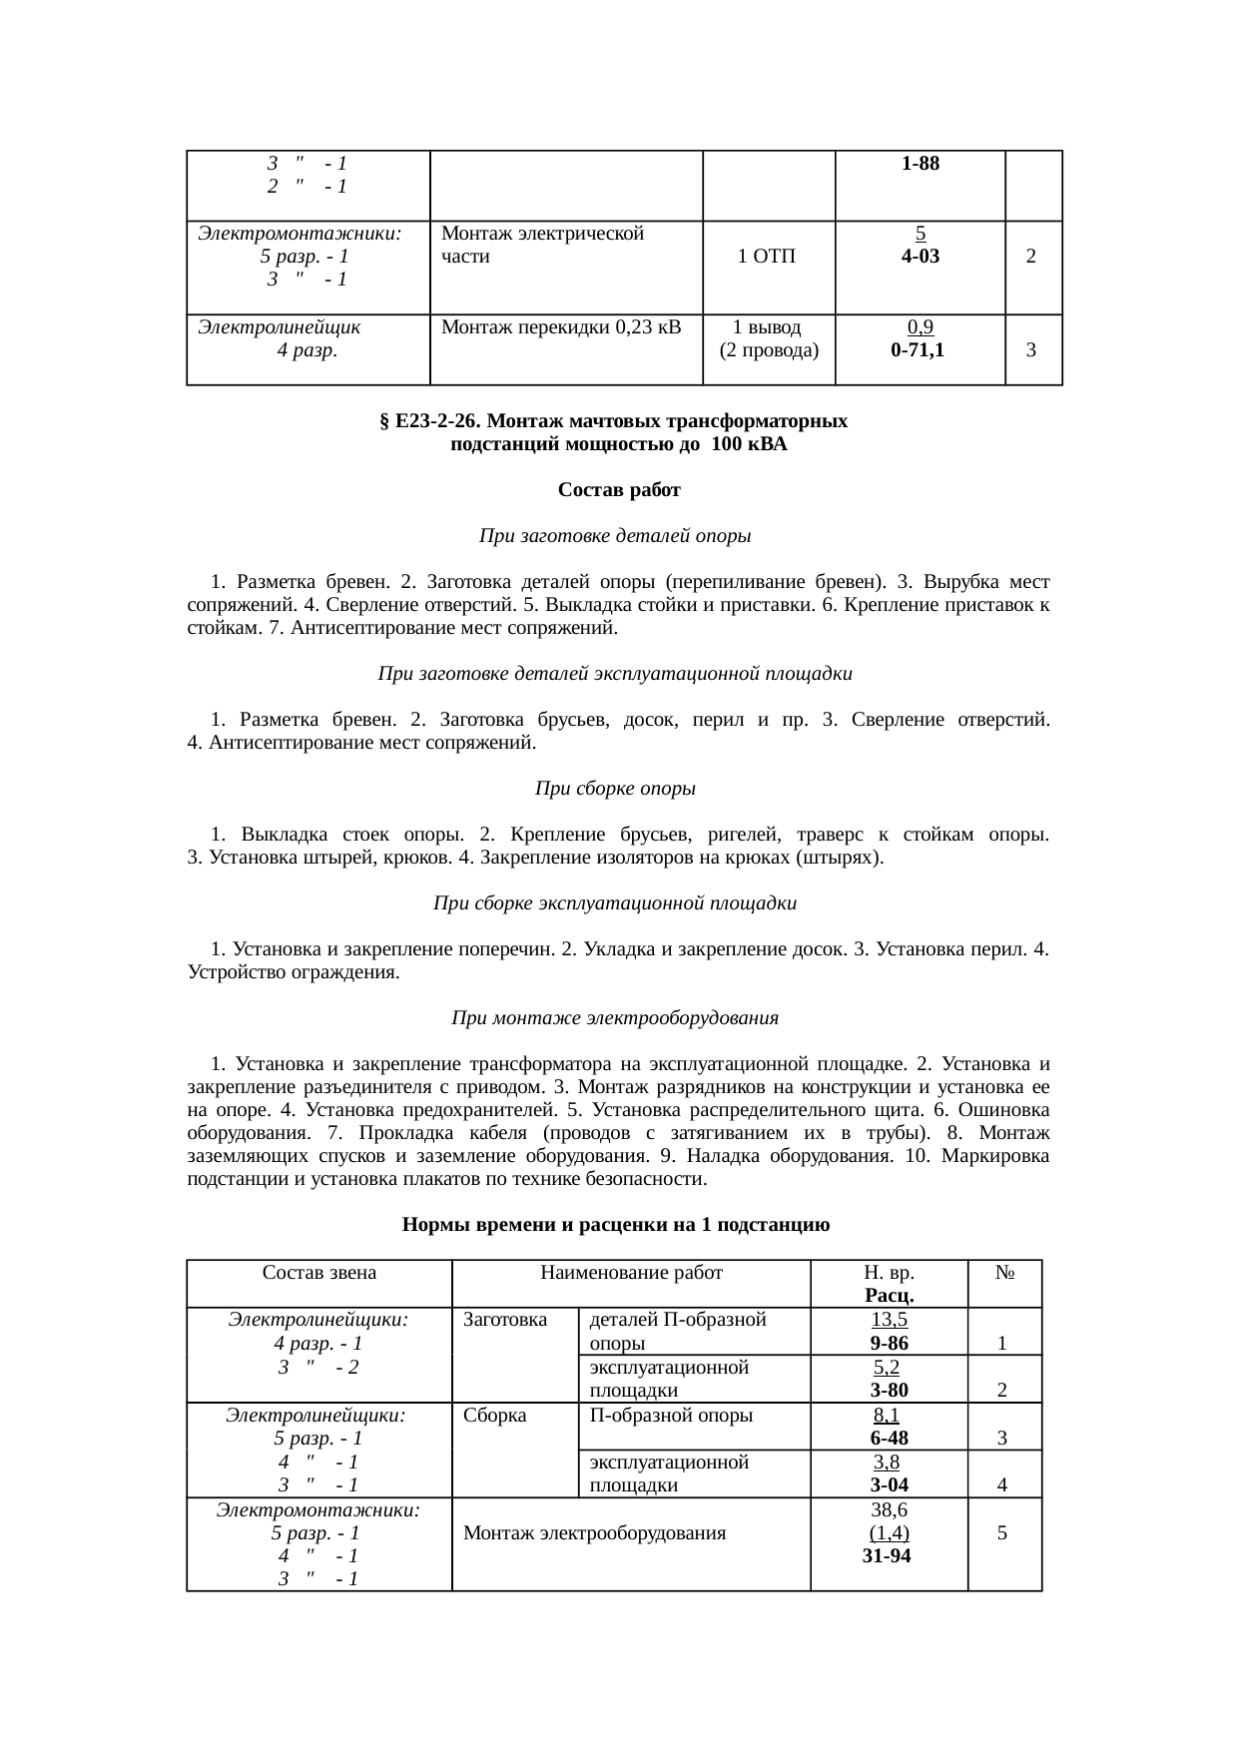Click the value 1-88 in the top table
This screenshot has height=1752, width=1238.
[x=919, y=164]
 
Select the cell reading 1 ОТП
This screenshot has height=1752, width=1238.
[x=767, y=257]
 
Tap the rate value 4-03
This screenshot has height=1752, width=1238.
[x=919, y=256]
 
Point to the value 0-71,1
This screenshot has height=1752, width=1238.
[x=919, y=350]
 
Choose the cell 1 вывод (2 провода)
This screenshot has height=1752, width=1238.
[x=768, y=338]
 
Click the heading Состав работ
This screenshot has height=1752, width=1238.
[x=619, y=490]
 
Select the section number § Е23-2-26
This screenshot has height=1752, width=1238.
[x=431, y=421]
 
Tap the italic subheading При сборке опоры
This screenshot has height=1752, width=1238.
[x=615, y=789]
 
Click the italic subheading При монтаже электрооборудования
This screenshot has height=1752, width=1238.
[x=615, y=1018]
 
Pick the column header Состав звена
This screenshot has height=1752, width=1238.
[x=318, y=1273]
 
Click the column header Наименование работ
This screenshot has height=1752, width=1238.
[x=631, y=1273]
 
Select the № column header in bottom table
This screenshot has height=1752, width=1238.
[x=1004, y=1273]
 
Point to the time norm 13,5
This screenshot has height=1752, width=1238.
[x=888, y=1320]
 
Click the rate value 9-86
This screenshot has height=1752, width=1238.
[x=888, y=1343]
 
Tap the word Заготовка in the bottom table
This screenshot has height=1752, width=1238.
[x=505, y=1320]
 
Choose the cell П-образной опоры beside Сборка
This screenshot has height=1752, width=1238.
[x=671, y=1415]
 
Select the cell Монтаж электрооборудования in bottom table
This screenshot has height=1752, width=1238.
[x=594, y=1532]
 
